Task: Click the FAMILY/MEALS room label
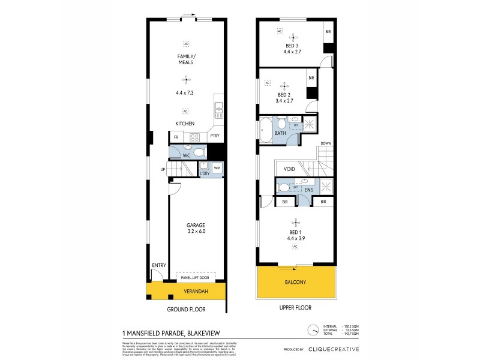point(186,59)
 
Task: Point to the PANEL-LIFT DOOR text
point(195,278)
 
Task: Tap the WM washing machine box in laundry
point(217,167)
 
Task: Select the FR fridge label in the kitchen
point(176,137)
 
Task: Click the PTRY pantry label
point(215,137)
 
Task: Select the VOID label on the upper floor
point(289,170)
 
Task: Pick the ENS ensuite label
point(308,190)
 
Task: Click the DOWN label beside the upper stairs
point(326,143)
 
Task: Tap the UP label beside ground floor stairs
point(162,170)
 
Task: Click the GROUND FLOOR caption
point(186,310)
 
